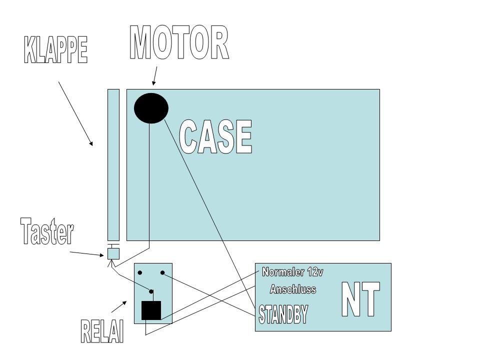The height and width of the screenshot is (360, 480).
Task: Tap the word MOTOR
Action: point(179,43)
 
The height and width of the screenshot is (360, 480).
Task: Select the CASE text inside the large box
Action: point(215,137)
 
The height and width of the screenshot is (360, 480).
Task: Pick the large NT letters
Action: point(360,299)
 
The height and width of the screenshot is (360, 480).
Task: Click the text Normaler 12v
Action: point(292,272)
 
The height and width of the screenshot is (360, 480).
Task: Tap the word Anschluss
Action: point(293,289)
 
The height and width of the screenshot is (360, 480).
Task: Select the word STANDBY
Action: point(283,314)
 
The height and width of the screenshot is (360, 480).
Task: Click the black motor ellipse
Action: point(151,108)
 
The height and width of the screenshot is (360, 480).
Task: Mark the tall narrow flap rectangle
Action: point(113,165)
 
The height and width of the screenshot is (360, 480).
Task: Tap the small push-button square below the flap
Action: point(113,253)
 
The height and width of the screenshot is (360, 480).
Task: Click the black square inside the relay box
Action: point(151,310)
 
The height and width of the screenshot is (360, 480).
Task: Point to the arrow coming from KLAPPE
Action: point(75,113)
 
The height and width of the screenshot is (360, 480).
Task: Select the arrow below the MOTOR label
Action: point(154,76)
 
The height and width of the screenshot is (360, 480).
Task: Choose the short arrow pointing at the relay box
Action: point(118,306)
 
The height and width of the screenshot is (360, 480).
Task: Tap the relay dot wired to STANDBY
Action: point(162,273)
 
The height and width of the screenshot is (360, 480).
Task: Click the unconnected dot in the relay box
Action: point(140,273)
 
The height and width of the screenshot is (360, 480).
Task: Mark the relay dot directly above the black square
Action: point(151,291)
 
